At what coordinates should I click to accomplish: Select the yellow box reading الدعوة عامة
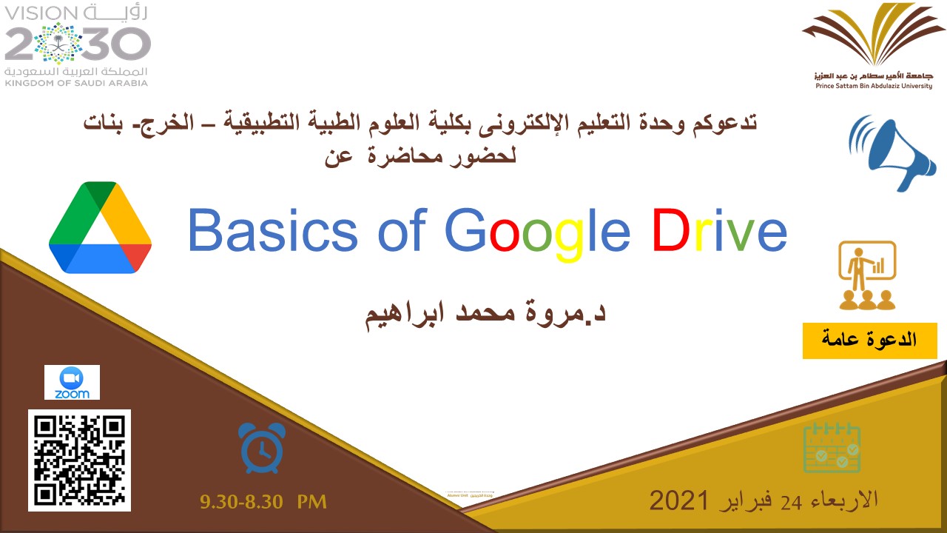pyautogui.click(x=869, y=341)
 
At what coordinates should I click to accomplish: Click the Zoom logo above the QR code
pyautogui.click(x=72, y=382)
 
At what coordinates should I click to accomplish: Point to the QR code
pyautogui.click(x=80, y=460)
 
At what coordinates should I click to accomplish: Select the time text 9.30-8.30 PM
pyautogui.click(x=263, y=502)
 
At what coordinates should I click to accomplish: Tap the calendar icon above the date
pyautogui.click(x=832, y=448)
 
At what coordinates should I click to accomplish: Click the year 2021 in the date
pyautogui.click(x=680, y=500)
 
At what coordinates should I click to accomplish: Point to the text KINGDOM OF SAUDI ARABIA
pyautogui.click(x=77, y=83)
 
